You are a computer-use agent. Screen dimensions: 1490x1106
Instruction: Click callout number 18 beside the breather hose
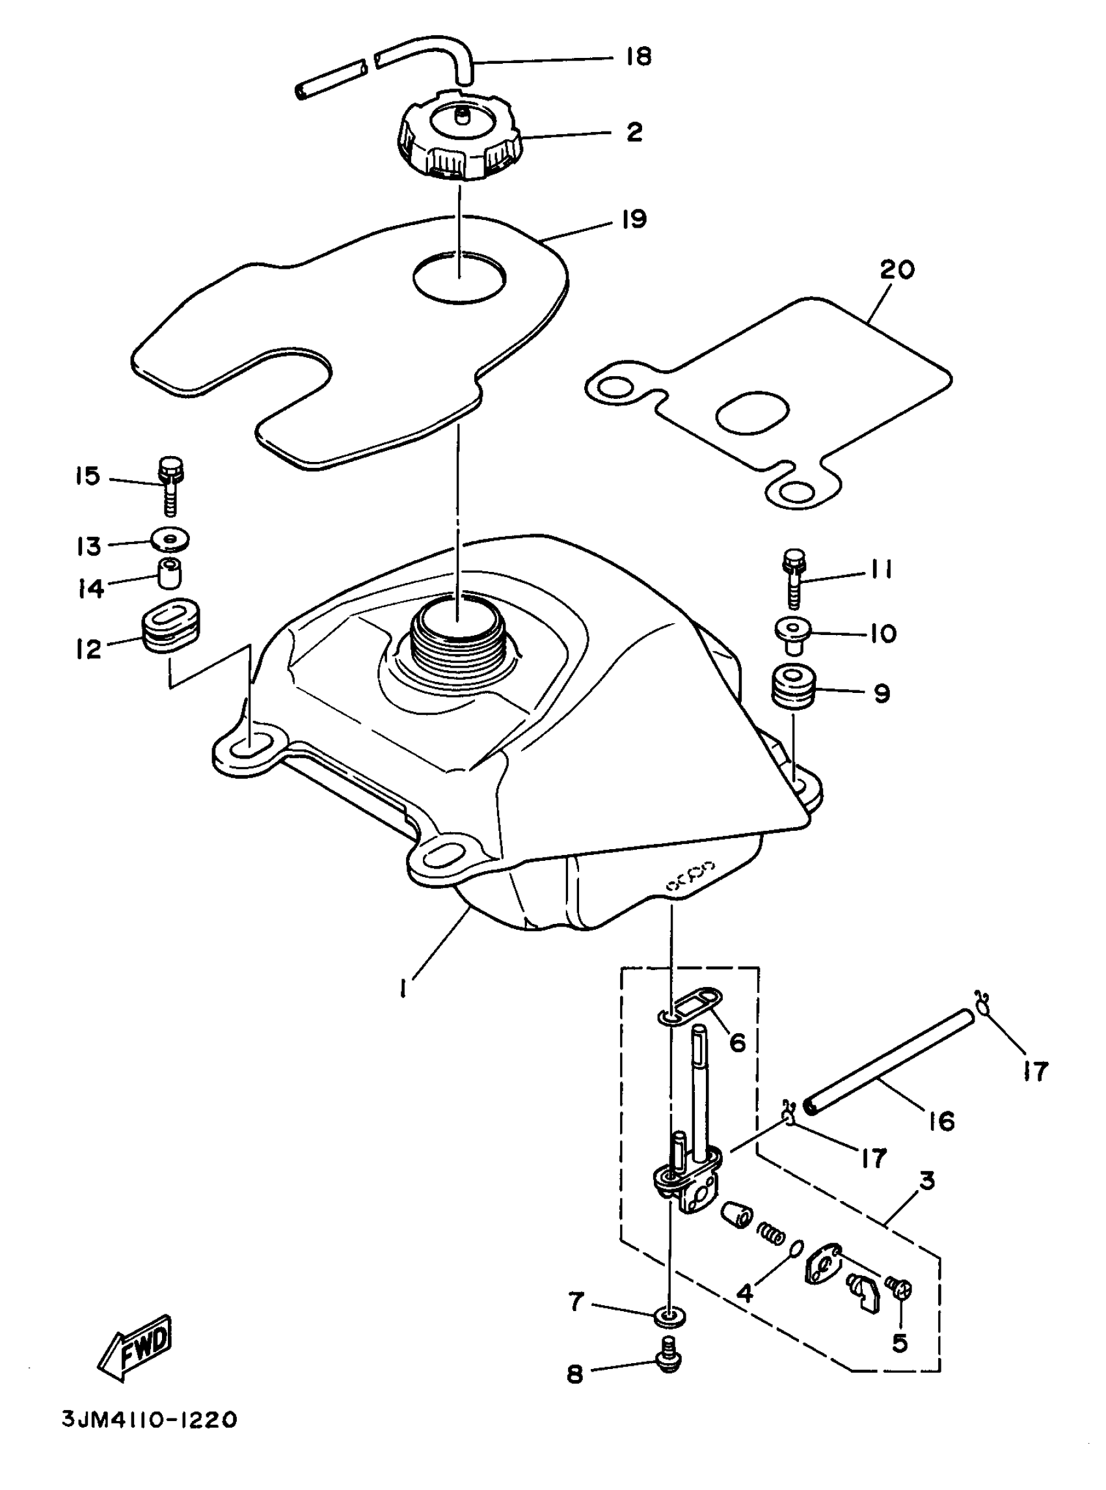pyautogui.click(x=638, y=57)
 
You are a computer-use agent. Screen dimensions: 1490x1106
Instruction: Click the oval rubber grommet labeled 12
pyautogui.click(x=172, y=624)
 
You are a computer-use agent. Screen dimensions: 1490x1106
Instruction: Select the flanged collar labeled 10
pyautogui.click(x=792, y=632)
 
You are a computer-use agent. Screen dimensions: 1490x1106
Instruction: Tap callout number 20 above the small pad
pyautogui.click(x=897, y=271)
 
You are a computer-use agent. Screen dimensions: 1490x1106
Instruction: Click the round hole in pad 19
pyautogui.click(x=459, y=277)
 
